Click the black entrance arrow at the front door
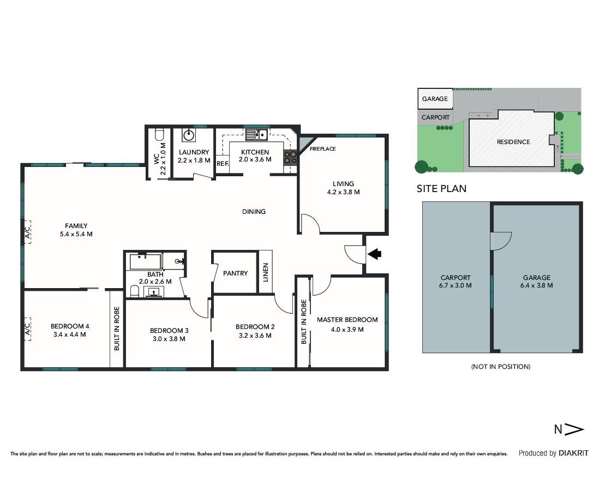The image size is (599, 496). (374, 253)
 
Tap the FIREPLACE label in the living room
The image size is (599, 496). (322, 148)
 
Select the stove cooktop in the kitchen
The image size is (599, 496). (290, 158)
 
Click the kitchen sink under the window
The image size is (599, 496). (256, 135)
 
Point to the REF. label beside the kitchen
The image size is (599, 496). (223, 164)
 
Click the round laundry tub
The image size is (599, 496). (189, 135)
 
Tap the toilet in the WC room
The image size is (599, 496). (159, 135)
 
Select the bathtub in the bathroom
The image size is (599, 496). (145, 262)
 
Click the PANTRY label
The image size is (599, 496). (235, 273)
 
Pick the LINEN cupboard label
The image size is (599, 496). (266, 272)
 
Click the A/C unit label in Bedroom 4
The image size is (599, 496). (27, 327)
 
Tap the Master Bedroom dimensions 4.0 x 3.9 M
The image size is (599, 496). (348, 330)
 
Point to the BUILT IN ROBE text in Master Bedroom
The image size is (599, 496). (304, 322)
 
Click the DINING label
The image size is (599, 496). (254, 211)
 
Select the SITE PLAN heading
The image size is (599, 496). (441, 188)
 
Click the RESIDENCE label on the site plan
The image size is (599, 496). (513, 142)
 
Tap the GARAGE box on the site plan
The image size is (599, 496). (435, 99)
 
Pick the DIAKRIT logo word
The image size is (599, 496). (573, 453)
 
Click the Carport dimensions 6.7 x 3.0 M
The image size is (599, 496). (456, 285)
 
